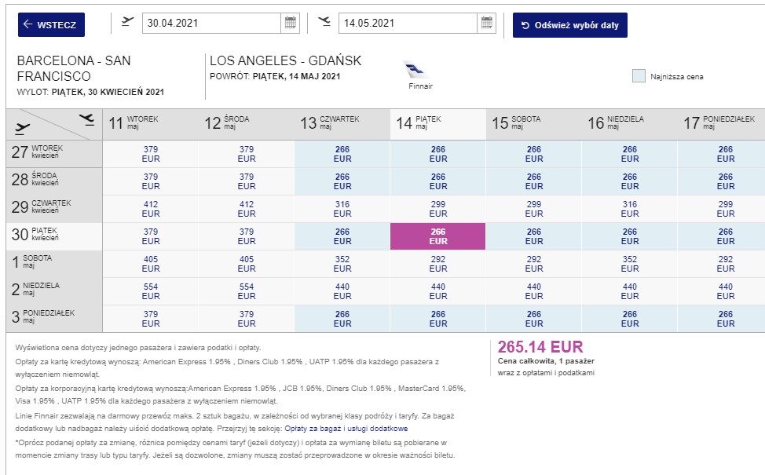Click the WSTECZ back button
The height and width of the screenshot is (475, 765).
[51, 25]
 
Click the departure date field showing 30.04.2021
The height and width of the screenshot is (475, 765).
[211, 23]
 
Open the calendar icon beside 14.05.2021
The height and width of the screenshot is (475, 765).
[486, 23]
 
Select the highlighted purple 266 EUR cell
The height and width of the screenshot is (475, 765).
[437, 236]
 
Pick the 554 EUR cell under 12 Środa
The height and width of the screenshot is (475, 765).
[247, 291]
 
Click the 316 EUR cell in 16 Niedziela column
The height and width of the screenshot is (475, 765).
[630, 209]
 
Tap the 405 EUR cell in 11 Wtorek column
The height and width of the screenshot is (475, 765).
[151, 264]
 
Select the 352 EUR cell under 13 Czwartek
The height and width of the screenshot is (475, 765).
[342, 264]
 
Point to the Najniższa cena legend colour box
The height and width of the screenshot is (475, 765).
[639, 76]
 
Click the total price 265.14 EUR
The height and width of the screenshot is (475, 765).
[540, 347]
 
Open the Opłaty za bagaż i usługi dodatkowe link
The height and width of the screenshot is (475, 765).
[346, 429]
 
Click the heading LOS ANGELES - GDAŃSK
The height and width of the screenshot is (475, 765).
[285, 60]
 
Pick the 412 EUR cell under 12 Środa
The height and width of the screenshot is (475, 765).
[247, 209]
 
